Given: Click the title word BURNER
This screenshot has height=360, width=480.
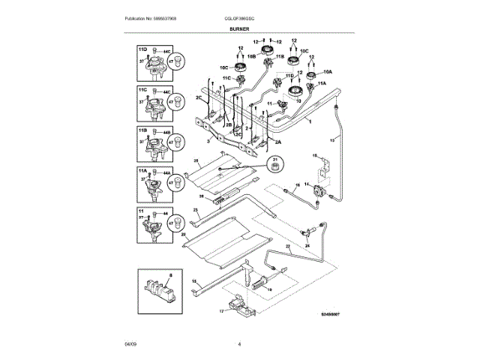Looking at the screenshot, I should coord(239,28).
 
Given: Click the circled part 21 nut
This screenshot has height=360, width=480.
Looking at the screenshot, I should coord(274,164).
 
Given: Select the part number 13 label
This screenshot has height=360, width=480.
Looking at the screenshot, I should coord(332,140).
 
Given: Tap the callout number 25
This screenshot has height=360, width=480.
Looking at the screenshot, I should coord(196,160).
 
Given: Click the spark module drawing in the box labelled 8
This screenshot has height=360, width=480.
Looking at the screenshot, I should coord(157,289).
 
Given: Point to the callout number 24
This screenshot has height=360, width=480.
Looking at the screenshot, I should coord(306,243).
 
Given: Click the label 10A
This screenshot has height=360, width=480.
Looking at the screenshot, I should coord(327,72).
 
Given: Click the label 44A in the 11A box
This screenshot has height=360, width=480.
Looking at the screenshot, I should coord(167,172).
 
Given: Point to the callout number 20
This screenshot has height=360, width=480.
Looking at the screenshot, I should coord(182,235).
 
